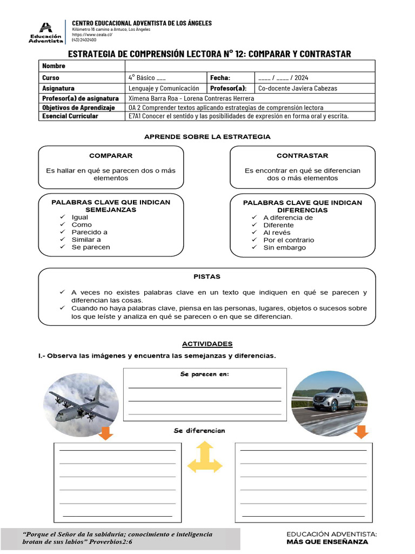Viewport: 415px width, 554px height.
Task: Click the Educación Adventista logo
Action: (45, 32)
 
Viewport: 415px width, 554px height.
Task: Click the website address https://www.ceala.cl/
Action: (92, 35)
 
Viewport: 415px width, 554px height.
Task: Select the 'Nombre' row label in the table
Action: (54, 65)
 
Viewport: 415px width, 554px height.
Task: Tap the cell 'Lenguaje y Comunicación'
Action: (164, 88)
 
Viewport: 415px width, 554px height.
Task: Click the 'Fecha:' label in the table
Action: (220, 78)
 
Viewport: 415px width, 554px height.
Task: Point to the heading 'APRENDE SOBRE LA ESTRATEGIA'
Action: (207, 137)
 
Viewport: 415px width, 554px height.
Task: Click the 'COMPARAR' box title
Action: (111, 156)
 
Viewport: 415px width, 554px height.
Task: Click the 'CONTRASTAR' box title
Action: (302, 156)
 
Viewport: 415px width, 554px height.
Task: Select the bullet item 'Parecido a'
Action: (89, 232)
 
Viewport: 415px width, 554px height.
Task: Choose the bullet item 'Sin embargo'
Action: (284, 248)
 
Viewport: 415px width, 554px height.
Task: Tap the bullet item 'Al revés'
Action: (277, 233)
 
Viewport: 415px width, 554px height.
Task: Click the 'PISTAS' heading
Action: (207, 276)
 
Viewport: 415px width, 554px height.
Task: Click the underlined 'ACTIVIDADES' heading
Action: (207, 344)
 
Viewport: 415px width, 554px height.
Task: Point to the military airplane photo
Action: (78, 405)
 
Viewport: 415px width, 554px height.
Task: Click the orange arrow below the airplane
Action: (106, 433)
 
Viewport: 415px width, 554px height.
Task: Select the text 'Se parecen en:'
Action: (204, 374)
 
